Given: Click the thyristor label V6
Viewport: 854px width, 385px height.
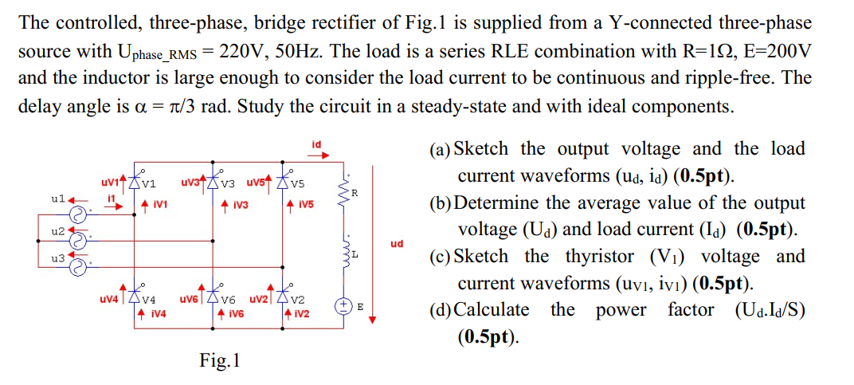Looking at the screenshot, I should tap(229, 300).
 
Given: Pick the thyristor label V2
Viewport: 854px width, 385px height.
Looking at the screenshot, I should tap(298, 300).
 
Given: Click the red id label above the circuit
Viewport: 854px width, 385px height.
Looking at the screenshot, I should tap(316, 144).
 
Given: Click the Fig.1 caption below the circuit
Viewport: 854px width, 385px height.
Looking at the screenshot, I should tap(219, 361).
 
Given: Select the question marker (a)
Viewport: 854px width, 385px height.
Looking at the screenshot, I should tap(439, 149).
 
